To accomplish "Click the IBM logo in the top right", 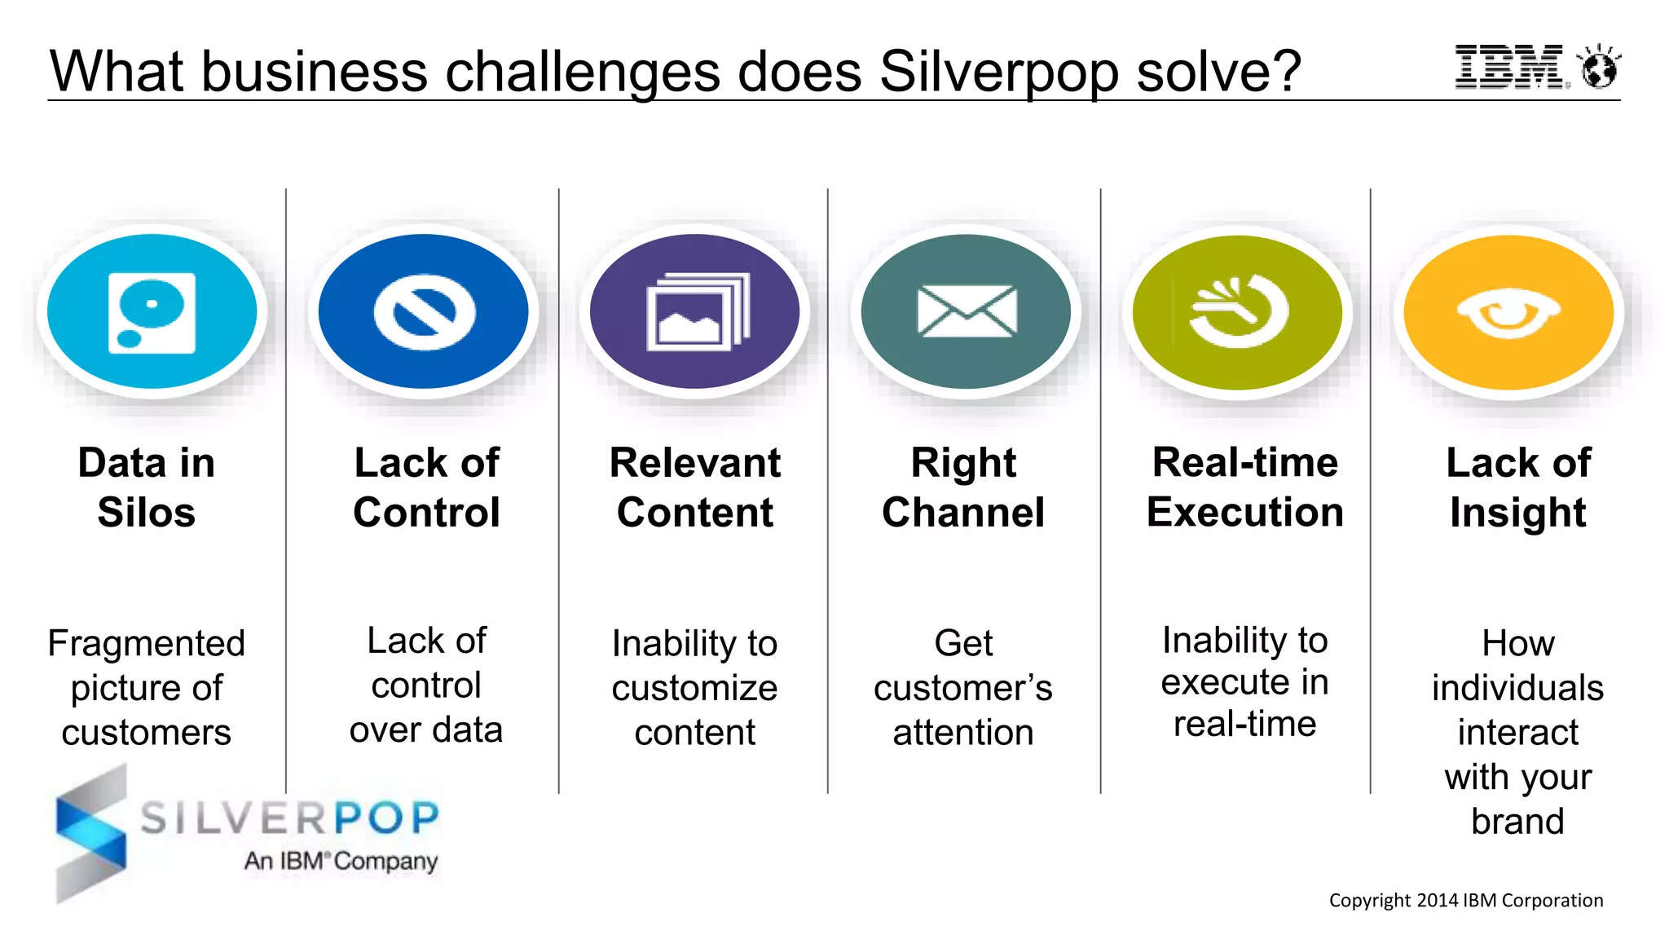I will pyautogui.click(x=1509, y=67).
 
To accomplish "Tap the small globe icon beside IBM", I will pyautogui.click(x=1598, y=68).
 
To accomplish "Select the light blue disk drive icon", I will pyautogui.click(x=152, y=313).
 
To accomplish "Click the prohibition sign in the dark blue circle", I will pyautogui.click(x=425, y=313).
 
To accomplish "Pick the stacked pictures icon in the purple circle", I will pyautogui.click(x=697, y=313).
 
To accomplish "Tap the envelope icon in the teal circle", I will pyautogui.click(x=967, y=311).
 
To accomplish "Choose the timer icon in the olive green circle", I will pyautogui.click(x=1239, y=311).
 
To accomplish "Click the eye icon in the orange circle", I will pyautogui.click(x=1508, y=313).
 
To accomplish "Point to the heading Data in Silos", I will pyautogui.click(x=147, y=487).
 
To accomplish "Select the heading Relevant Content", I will pyautogui.click(x=695, y=487).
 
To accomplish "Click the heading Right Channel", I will pyautogui.click(x=963, y=487).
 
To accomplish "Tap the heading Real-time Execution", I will pyautogui.click(x=1244, y=487).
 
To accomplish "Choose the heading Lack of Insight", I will pyautogui.click(x=1517, y=487).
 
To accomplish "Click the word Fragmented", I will pyautogui.click(x=147, y=643).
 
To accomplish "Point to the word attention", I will pyautogui.click(x=963, y=732).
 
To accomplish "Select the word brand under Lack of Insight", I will pyautogui.click(x=1517, y=821).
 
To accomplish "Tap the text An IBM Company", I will pyautogui.click(x=341, y=861).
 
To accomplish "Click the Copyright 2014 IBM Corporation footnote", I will pyautogui.click(x=1465, y=900).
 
